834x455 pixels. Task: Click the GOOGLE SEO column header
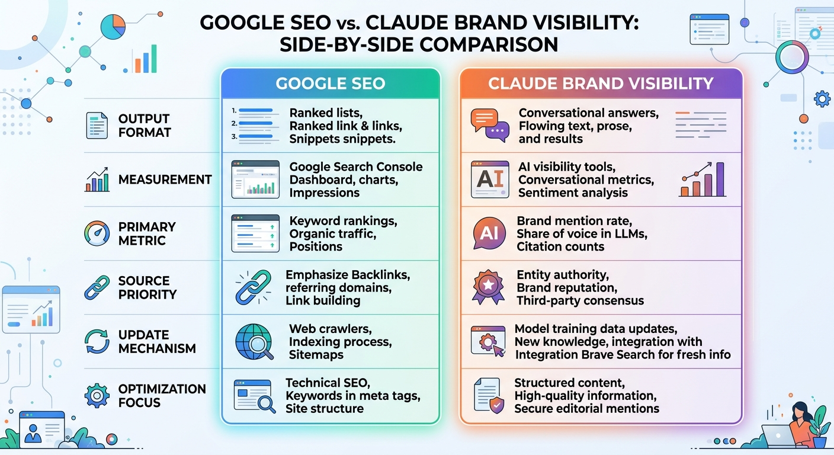pyautogui.click(x=331, y=84)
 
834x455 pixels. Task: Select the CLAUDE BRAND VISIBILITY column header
pyautogui.click(x=601, y=84)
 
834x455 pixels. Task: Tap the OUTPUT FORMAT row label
pyautogui.click(x=144, y=126)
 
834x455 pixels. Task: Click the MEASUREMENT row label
pyautogui.click(x=165, y=180)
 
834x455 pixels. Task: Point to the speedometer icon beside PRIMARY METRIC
pyautogui.click(x=97, y=233)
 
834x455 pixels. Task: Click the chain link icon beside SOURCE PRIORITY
pyautogui.click(x=97, y=287)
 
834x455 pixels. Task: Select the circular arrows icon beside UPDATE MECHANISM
pyautogui.click(x=97, y=342)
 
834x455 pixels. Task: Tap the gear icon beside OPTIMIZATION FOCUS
pyautogui.click(x=97, y=396)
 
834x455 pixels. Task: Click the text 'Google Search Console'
pyautogui.click(x=355, y=166)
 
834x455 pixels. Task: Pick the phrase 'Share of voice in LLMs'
pyautogui.click(x=582, y=233)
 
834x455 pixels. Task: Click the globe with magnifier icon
pyautogui.click(x=254, y=342)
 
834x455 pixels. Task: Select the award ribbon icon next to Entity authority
pyautogui.click(x=488, y=287)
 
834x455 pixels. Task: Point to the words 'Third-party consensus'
pyautogui.click(x=580, y=300)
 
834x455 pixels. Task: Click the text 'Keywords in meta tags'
pyautogui.click(x=352, y=396)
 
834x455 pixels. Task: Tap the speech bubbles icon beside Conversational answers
pyautogui.click(x=489, y=125)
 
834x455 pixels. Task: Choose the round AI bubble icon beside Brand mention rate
pyautogui.click(x=489, y=233)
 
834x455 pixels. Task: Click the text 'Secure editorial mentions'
pyautogui.click(x=586, y=409)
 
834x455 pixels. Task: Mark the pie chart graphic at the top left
pyautogui.click(x=112, y=26)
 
